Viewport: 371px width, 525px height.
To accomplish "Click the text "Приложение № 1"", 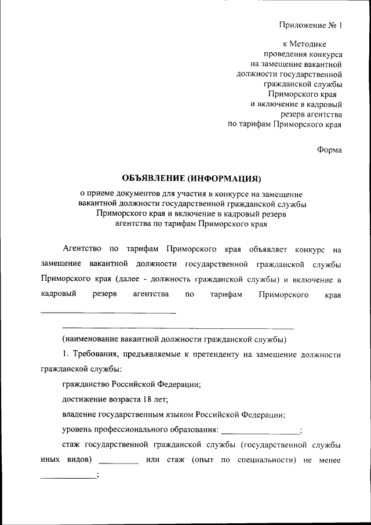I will click(x=311, y=26).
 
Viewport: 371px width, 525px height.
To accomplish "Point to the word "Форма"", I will click(x=329, y=149).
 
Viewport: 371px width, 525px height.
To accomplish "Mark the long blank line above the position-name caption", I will click(x=178, y=328).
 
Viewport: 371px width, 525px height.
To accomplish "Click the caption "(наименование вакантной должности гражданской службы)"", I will click(x=175, y=339).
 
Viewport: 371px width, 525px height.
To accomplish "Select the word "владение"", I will click(x=79, y=415).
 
